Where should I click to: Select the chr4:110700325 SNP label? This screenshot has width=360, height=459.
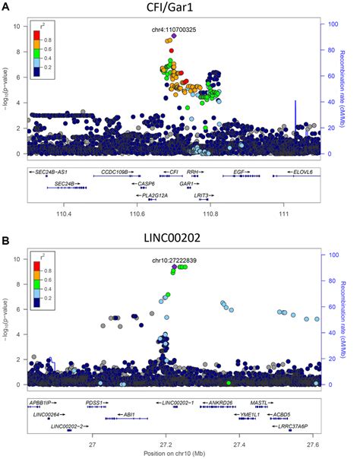(x=174, y=29)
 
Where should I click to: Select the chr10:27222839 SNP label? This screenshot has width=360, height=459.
(x=174, y=261)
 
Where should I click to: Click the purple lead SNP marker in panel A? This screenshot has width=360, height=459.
(x=174, y=36)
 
